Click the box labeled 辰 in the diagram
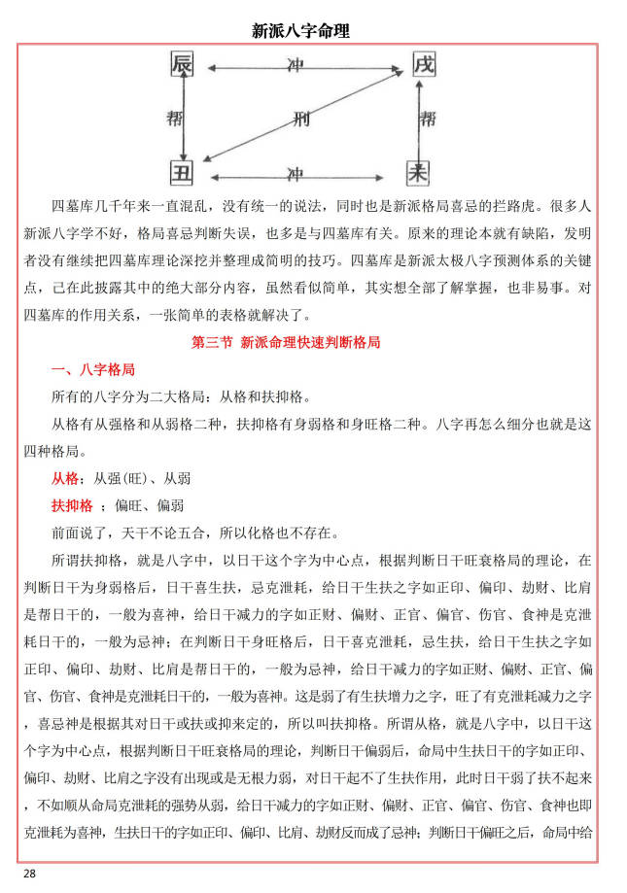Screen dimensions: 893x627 183,65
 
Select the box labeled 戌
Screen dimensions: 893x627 424,65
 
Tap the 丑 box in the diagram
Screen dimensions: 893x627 183,175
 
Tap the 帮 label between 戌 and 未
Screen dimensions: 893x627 429,120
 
